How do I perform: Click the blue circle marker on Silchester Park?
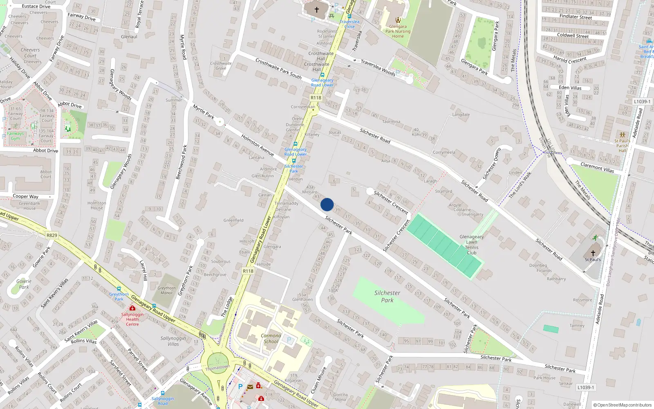click(327, 204)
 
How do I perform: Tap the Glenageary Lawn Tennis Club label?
click(471, 245)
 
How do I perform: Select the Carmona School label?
click(271, 338)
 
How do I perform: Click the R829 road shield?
click(52, 235)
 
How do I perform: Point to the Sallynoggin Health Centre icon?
click(132, 308)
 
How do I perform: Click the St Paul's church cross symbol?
click(593, 253)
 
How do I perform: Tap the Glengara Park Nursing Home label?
click(398, 31)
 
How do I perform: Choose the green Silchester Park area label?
click(387, 297)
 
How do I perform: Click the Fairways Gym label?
click(15, 136)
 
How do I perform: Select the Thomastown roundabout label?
click(217, 367)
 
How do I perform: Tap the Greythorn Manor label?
click(166, 290)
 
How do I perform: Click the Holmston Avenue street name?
click(257, 145)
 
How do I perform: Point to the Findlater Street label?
click(576, 17)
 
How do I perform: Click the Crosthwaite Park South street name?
click(278, 68)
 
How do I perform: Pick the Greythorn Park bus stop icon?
click(119, 289)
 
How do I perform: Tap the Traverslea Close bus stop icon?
click(349, 16)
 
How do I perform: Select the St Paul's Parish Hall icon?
click(622, 135)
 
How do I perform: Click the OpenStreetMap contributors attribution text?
click(622, 405)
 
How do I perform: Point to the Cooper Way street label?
click(25, 196)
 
